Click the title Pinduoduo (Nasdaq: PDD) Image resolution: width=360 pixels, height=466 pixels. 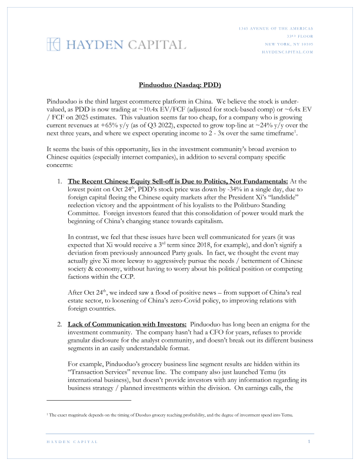coord(179,85)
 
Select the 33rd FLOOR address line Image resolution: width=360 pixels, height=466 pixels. coord(301,36)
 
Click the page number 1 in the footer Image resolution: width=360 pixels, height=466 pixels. coord(309,441)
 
